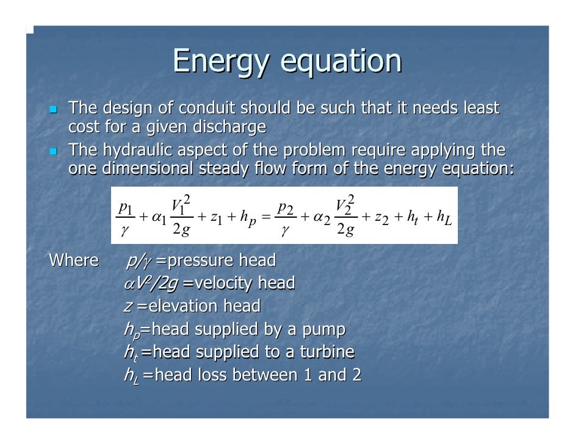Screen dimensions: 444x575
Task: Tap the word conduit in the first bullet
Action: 208,109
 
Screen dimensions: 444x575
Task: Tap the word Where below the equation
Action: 73,261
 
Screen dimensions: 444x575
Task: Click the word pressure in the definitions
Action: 199,261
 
